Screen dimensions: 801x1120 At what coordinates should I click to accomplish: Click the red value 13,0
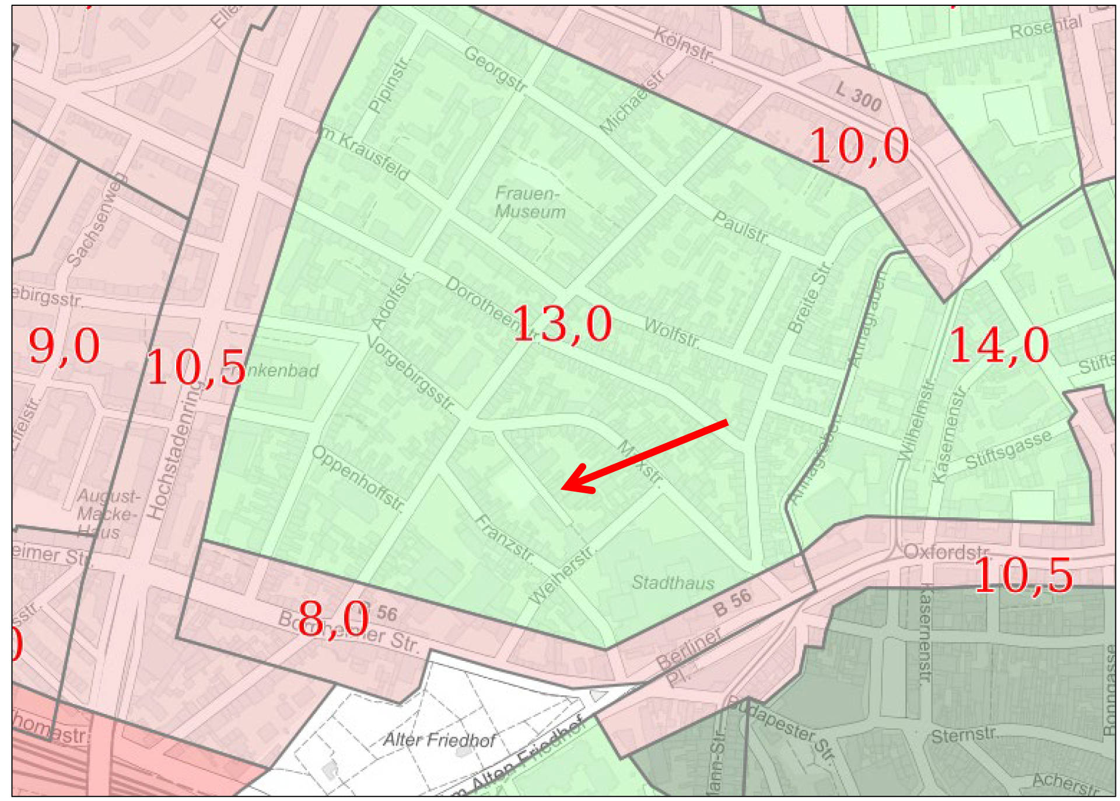tap(562, 324)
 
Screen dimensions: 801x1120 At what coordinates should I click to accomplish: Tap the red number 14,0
tap(999, 346)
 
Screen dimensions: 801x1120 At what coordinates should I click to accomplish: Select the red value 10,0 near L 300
tap(859, 146)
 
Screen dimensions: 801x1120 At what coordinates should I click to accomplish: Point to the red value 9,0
tap(64, 346)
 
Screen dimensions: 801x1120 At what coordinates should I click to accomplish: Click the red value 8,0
tap(333, 619)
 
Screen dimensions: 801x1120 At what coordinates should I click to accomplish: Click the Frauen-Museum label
tap(530, 203)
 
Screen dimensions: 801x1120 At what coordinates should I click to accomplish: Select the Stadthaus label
tap(673, 582)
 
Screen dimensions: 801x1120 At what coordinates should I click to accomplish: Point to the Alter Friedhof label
tap(439, 740)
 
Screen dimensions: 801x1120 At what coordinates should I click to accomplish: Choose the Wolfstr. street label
tap(671, 333)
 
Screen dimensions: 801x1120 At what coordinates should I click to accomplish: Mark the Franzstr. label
tap(505, 538)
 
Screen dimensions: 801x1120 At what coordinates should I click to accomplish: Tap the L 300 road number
tap(858, 96)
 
